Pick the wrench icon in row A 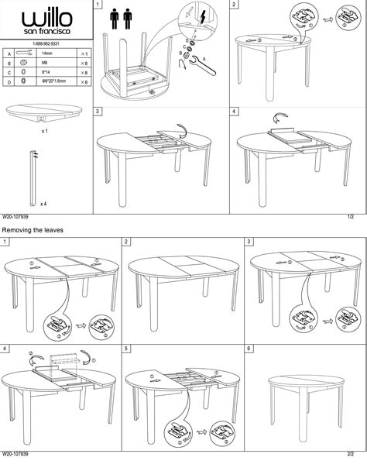23,51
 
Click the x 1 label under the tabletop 45,132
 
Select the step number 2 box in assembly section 235,5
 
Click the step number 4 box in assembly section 235,112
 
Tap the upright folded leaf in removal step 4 64,361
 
